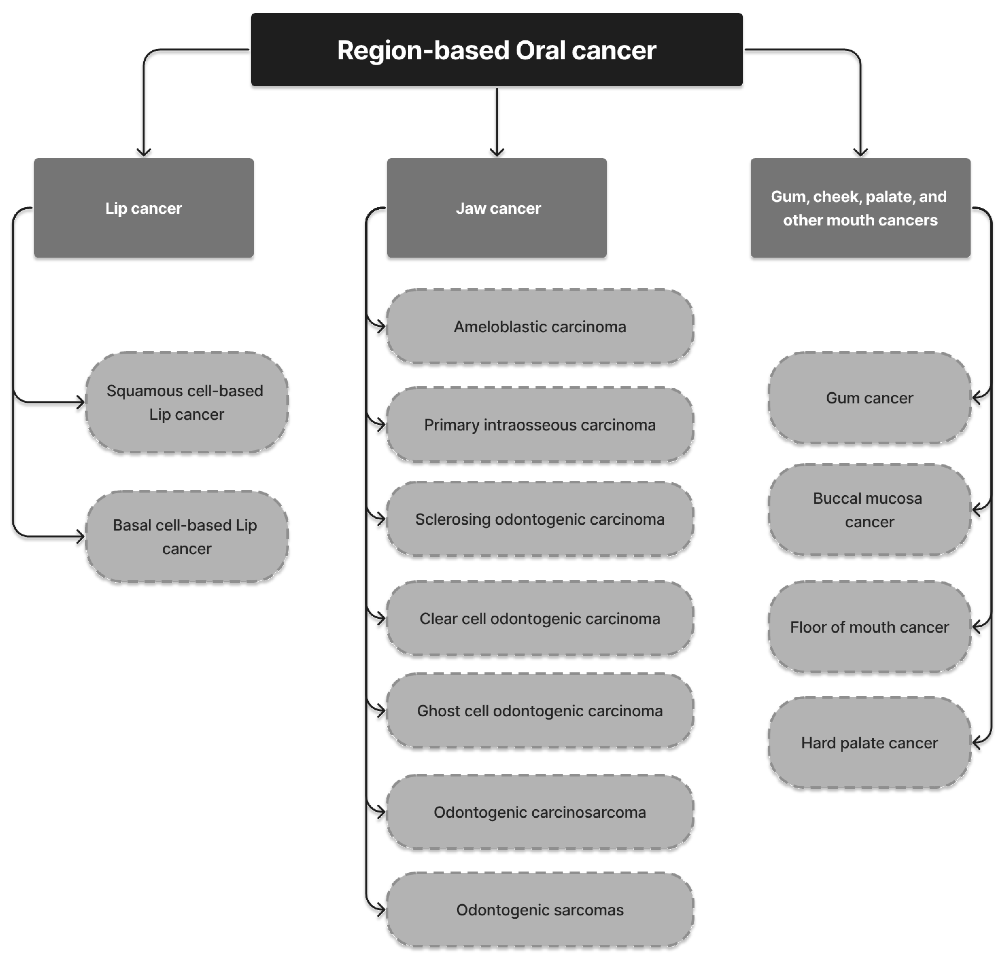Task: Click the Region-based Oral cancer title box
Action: pyautogui.click(x=496, y=50)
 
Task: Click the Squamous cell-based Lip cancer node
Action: pyautogui.click(x=186, y=402)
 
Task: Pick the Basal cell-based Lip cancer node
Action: pyautogui.click(x=186, y=536)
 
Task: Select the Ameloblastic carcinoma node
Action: pyautogui.click(x=540, y=326)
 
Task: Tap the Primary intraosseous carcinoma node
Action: pyautogui.click(x=540, y=425)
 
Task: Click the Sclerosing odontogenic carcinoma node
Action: pyautogui.click(x=540, y=519)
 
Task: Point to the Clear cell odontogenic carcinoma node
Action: pyautogui.click(x=540, y=618)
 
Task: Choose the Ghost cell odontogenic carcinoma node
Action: pyautogui.click(x=540, y=710)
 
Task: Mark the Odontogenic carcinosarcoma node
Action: pyautogui.click(x=540, y=812)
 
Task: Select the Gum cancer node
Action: pyautogui.click(x=869, y=397)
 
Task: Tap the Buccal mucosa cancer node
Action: pyautogui.click(x=869, y=510)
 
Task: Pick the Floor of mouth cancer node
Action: pyautogui.click(x=869, y=626)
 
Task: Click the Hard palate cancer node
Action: pyautogui.click(x=869, y=742)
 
